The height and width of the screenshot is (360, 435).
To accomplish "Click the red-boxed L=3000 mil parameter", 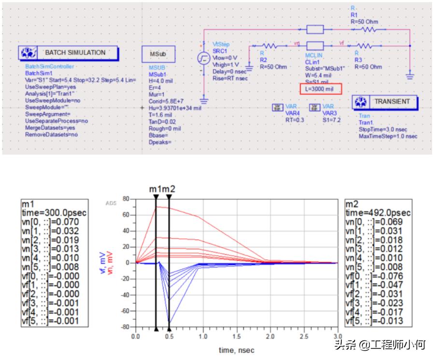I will click(321, 89).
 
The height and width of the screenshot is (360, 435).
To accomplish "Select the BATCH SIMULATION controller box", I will click(69, 53).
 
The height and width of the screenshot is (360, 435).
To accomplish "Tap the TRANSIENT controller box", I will click(385, 102).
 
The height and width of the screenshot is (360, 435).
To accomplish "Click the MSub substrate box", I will click(158, 54).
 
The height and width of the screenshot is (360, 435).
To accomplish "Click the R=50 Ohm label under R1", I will click(365, 22).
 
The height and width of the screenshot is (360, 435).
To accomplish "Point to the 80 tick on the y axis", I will click(126, 199).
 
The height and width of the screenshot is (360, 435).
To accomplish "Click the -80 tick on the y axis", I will click(125, 327).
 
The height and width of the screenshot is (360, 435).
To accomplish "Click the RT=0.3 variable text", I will click(295, 120).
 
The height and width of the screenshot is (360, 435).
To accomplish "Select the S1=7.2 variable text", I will click(331, 120).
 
